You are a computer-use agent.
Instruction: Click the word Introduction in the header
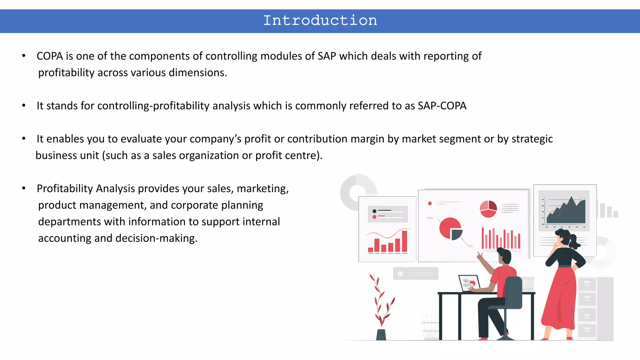[320, 21]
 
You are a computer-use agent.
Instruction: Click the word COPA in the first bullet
[50, 56]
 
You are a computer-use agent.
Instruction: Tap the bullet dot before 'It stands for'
[24, 106]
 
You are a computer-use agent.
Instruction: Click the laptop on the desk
[468, 283]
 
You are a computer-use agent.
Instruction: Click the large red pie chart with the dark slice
[450, 228]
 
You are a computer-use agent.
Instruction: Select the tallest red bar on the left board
[404, 241]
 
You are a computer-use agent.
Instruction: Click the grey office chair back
[513, 292]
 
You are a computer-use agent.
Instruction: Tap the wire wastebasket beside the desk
[430, 327]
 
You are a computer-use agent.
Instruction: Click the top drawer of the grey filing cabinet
[587, 284]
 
